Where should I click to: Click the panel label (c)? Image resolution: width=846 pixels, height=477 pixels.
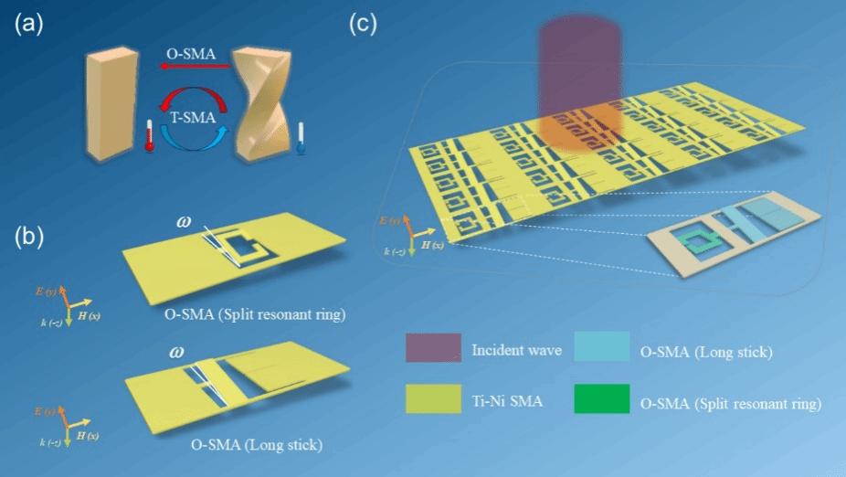pos(364,25)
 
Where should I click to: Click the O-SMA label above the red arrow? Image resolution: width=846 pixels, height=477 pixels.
pos(191,55)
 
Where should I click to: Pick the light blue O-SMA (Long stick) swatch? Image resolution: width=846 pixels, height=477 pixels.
pos(602,348)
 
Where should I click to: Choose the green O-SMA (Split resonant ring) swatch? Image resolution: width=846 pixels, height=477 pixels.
pos(602,399)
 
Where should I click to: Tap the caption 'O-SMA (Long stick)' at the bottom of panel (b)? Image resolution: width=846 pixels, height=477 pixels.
pos(256,445)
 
